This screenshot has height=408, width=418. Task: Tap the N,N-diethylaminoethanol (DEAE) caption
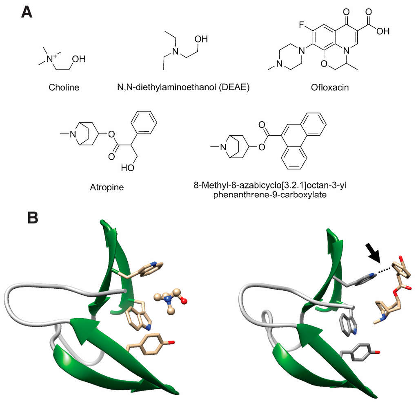181,87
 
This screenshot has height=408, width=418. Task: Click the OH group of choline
78,59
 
